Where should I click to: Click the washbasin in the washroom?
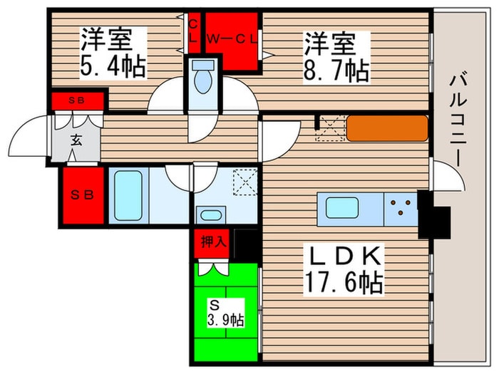pyautogui.click(x=209, y=215)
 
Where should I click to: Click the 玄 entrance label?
pyautogui.click(x=76, y=139)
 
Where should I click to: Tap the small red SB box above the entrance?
pyautogui.click(x=77, y=100)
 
